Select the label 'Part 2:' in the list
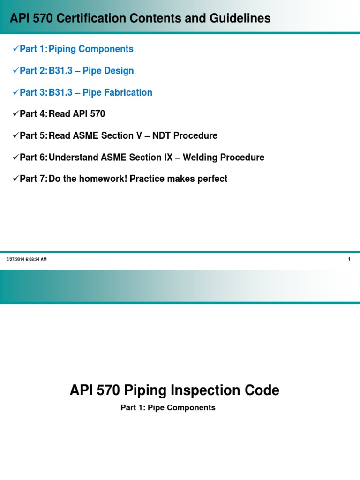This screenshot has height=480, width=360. tap(33, 71)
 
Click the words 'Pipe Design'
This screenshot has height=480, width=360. tap(108, 71)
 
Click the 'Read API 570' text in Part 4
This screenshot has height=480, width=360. tap(77, 114)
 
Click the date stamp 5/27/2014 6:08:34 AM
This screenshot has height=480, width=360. tap(27, 260)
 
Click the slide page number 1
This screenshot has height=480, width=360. tap(349, 259)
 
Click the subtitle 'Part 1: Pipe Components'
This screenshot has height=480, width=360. tap(168, 408)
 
